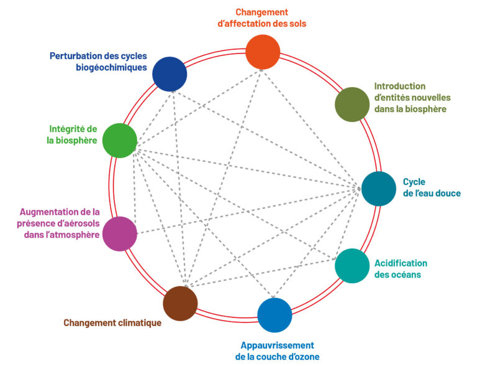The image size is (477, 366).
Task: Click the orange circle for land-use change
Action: pyautogui.click(x=263, y=52)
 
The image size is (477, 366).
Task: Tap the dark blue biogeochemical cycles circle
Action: pyautogui.click(x=170, y=73)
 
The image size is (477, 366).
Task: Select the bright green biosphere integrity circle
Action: pyautogui.click(x=119, y=140)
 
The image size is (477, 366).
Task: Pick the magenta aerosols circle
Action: pyautogui.click(x=120, y=233)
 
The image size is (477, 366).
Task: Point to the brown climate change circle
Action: pyautogui.click(x=180, y=304)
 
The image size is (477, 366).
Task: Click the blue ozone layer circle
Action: pyautogui.click(x=275, y=315)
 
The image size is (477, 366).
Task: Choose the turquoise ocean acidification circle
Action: pyautogui.click(x=352, y=266)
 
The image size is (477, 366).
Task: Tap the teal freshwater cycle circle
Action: pyautogui.click(x=378, y=189)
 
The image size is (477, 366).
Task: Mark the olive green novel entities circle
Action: pyautogui.click(x=352, y=104)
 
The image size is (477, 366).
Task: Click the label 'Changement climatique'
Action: pyautogui.click(x=112, y=322)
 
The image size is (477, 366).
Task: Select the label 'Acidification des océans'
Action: pyautogui.click(x=401, y=268)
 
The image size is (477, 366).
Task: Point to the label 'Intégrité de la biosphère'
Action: pyautogui.click(x=73, y=134)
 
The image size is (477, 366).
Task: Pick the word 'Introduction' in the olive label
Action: pyautogui.click(x=399, y=87)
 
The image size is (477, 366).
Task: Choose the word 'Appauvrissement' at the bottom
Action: pyautogui.click(x=277, y=345)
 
